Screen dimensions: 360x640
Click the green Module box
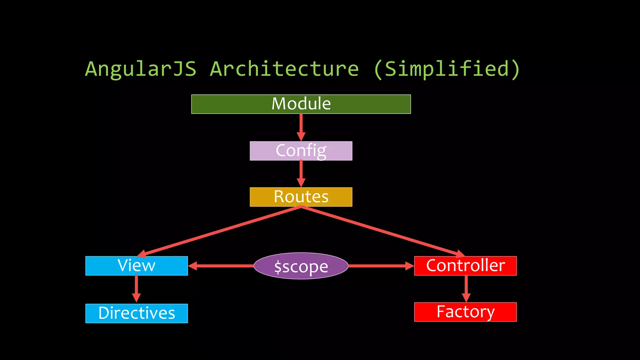coord(301,104)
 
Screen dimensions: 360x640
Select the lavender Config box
coord(301,151)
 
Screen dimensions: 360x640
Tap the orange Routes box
coord(301,197)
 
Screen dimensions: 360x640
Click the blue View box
coord(137,266)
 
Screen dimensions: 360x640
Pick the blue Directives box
coord(137,313)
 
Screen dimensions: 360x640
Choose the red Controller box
coord(465,266)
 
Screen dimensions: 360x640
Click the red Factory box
coord(465,312)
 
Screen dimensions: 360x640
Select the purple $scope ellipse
coord(301,266)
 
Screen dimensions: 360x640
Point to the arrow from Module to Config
coord(301,127)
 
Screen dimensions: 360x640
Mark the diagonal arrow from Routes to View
coord(219,232)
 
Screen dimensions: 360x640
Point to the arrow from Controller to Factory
coord(466,288)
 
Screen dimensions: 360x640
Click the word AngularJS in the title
coord(141,69)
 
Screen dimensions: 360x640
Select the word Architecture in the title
coord(284,69)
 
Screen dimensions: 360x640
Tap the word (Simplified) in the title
coord(447,69)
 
